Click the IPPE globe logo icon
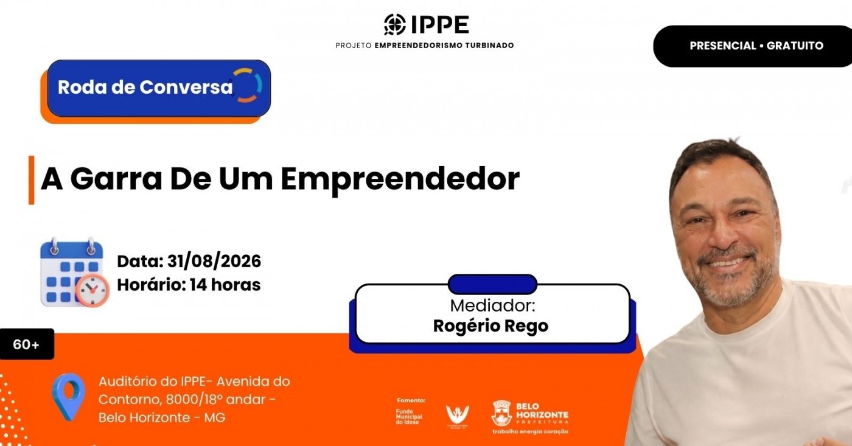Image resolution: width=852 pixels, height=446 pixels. click(x=395, y=24)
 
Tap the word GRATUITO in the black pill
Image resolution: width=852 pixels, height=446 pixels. click(x=795, y=46)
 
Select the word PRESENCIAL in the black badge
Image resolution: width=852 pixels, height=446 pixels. click(x=723, y=46)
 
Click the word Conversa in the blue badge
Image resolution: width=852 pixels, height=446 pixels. click(x=186, y=87)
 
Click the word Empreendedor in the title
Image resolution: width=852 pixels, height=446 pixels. click(x=400, y=179)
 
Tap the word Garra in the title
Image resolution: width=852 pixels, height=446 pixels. click(x=116, y=179)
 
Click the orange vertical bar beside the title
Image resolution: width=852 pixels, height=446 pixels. click(x=32, y=180)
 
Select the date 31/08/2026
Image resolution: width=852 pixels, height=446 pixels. click(x=214, y=261)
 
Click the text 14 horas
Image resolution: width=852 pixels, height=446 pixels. click(x=225, y=285)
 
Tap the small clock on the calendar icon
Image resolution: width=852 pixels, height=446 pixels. click(x=93, y=290)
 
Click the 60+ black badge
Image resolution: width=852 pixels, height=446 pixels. click(x=27, y=344)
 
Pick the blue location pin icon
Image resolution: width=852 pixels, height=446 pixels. click(x=69, y=397)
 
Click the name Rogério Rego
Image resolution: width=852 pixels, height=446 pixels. click(x=491, y=326)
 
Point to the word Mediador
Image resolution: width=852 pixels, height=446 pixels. click(x=492, y=305)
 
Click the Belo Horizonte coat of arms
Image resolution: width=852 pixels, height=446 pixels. click(x=501, y=413)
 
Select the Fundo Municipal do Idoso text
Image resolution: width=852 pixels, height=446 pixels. click(x=409, y=417)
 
